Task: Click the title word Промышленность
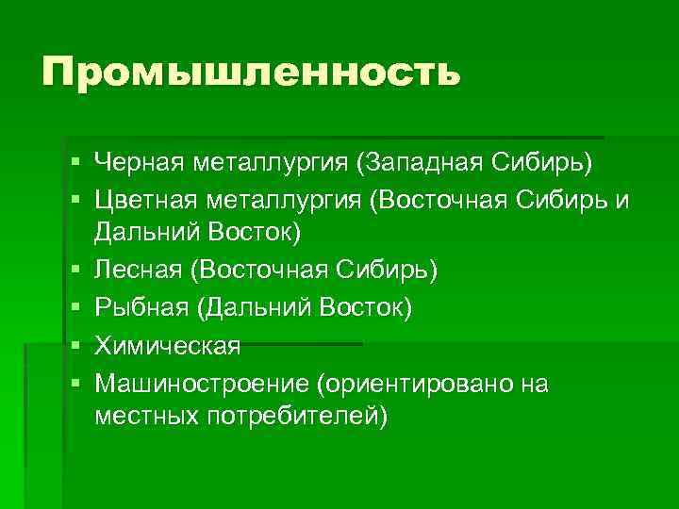point(251,72)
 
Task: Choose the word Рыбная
point(141,308)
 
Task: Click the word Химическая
point(168,346)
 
